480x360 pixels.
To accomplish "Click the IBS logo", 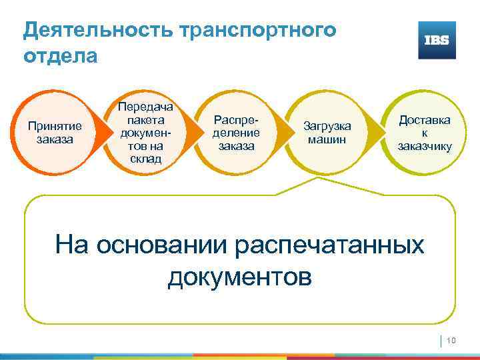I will pos(437,40).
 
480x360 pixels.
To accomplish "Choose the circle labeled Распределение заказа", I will pos(234,133).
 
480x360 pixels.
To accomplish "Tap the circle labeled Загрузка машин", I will pos(327,133).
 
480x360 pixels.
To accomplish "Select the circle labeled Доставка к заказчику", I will pos(424,133).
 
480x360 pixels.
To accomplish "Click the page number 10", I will pos(450,341).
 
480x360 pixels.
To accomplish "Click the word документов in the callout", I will pos(239,275).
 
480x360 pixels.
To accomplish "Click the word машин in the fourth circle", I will pos(327,139).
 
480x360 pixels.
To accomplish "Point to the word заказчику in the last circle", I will pos(424,146).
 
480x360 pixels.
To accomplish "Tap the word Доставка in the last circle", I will pos(424,120).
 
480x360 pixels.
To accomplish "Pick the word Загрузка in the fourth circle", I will pos(327,126).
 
